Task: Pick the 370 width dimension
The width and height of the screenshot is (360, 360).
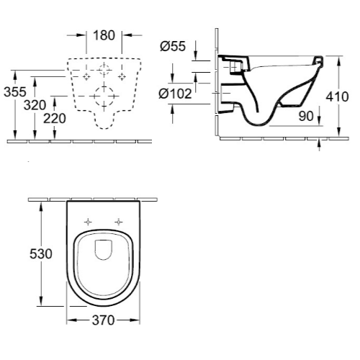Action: (x=103, y=322)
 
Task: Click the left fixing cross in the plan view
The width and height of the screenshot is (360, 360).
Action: (x=87, y=221)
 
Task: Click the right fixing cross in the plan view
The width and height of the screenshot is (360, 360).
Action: (x=118, y=221)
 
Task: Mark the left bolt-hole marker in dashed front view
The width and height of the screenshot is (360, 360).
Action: (x=86, y=75)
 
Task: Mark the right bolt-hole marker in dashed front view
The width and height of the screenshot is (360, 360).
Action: (x=122, y=75)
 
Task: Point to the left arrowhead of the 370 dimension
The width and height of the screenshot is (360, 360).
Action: (x=70, y=321)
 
